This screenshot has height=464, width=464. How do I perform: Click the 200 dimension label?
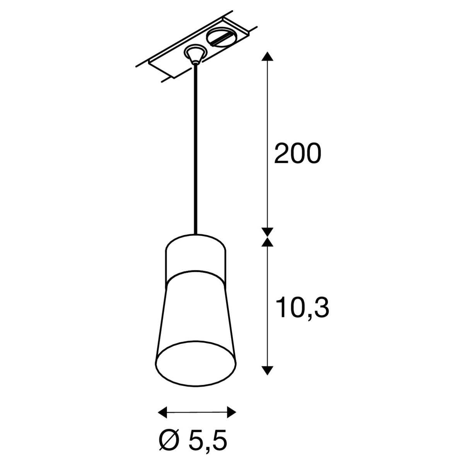click(x=298, y=154)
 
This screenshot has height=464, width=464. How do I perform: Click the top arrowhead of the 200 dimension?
click(x=267, y=56)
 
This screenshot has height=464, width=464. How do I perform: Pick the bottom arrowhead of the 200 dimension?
click(x=267, y=231)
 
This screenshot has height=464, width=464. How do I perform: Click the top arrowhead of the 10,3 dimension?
click(x=267, y=242)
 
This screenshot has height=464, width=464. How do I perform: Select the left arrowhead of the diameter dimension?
click(x=162, y=392)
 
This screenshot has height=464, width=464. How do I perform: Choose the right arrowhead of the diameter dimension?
click(x=231, y=392)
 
